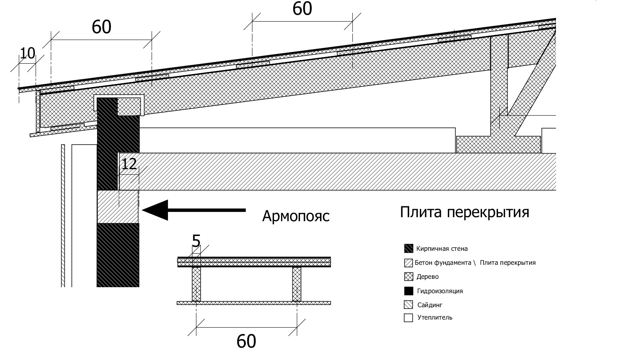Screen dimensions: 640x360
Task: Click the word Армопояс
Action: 296,216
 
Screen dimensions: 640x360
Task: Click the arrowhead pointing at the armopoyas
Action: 155,210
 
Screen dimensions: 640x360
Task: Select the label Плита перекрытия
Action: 464,212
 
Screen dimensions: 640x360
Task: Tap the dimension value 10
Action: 28,53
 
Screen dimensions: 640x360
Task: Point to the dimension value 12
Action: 129,164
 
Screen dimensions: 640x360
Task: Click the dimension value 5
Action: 196,241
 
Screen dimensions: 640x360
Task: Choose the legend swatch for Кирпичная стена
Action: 408,248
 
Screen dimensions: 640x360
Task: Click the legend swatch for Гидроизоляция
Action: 408,291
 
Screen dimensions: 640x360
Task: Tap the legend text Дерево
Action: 428,276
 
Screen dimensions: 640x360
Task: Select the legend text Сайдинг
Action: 430,305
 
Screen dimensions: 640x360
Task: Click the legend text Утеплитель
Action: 435,318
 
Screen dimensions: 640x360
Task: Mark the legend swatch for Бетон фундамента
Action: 408,263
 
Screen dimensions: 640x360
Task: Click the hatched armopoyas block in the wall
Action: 118,207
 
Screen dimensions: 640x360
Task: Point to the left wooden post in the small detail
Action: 196,284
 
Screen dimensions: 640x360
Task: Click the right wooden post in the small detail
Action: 297,284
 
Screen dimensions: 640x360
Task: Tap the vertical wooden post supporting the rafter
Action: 499,86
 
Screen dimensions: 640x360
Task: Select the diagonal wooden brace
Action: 532,83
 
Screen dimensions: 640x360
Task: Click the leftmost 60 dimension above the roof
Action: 102,27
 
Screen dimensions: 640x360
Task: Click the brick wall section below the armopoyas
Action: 118,255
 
